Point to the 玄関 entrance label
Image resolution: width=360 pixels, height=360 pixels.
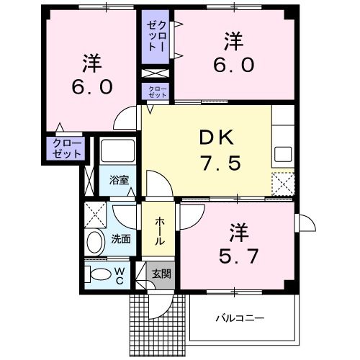point(161,274)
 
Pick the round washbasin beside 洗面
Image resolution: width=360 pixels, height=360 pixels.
point(94,241)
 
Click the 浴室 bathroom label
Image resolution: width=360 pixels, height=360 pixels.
point(119,180)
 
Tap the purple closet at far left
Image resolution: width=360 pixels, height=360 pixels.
point(66,149)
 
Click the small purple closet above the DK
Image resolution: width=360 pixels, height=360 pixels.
point(156,91)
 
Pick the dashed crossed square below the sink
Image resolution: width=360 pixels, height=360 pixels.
point(283,185)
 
